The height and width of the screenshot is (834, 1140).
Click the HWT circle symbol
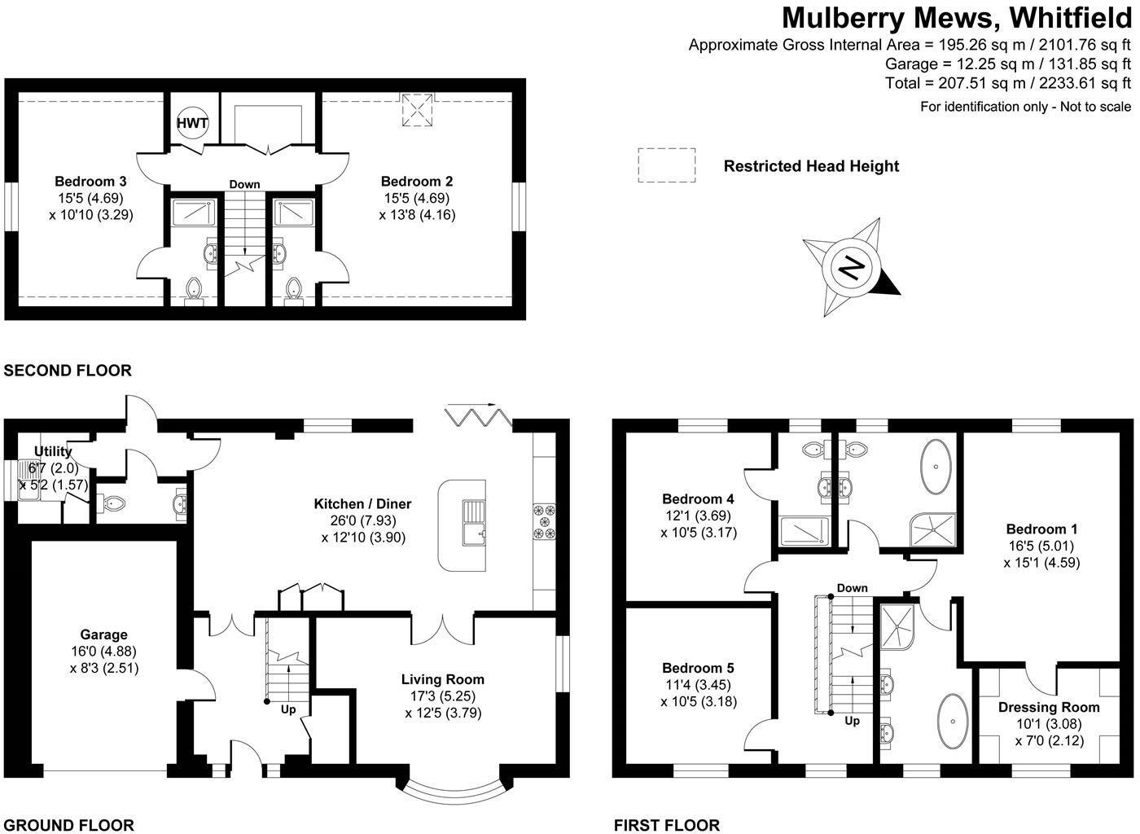(x=193, y=124)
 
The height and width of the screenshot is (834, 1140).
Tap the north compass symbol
(x=852, y=268)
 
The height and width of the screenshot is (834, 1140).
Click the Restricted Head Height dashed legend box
(x=666, y=165)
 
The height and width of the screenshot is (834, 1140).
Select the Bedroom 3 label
(x=90, y=182)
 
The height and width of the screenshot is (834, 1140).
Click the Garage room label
(x=103, y=634)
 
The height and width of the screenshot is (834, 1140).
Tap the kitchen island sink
(x=473, y=522)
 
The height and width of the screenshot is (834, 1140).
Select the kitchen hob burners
(x=544, y=522)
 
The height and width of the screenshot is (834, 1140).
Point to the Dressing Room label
(x=1049, y=707)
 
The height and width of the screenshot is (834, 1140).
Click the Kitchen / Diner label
(x=362, y=504)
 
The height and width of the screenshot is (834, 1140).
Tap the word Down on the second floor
(x=244, y=184)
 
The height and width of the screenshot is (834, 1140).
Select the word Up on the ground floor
(x=288, y=709)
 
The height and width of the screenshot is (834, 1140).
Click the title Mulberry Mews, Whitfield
(x=957, y=18)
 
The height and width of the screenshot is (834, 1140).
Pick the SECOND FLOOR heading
(x=68, y=371)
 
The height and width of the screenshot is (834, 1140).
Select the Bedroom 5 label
(x=698, y=668)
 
